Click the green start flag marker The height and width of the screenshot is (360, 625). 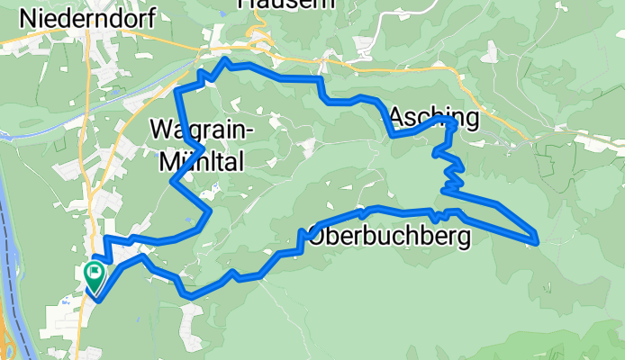coord(95,274)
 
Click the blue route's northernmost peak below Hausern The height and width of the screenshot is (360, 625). coord(226,60)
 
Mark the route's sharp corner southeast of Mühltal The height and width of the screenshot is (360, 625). coord(209,212)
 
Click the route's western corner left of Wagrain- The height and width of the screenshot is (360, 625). coord(172,182)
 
